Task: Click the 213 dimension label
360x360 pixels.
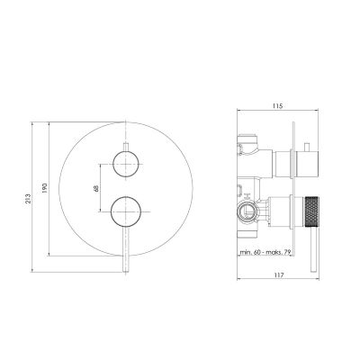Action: (x=28, y=196)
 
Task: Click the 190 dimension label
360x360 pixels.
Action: (x=45, y=188)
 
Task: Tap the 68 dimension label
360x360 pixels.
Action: (x=95, y=188)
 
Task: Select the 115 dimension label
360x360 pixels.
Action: (x=278, y=105)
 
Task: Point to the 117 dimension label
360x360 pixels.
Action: (x=279, y=274)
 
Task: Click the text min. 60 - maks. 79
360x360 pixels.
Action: (x=265, y=252)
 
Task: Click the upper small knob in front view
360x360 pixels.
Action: (x=126, y=164)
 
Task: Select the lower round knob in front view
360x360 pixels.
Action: (x=126, y=211)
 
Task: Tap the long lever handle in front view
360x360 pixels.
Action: (x=126, y=249)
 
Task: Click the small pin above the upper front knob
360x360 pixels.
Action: (x=126, y=147)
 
